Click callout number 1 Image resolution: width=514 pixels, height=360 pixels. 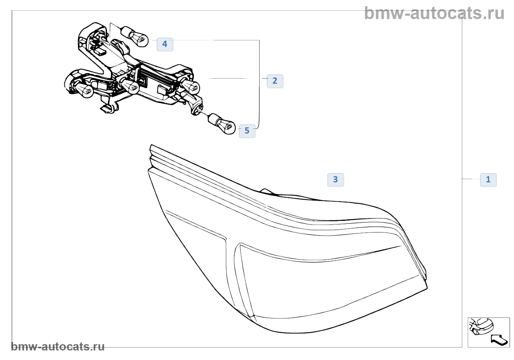click(x=488, y=179)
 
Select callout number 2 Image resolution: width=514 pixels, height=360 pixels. click(x=275, y=81)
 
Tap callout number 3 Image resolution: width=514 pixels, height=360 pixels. click(x=335, y=179)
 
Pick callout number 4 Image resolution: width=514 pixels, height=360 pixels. click(x=165, y=44)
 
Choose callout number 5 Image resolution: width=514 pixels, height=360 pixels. click(x=247, y=131)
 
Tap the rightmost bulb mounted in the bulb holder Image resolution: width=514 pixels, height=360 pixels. click(x=191, y=87)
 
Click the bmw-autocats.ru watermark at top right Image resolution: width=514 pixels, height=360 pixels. click(x=434, y=13)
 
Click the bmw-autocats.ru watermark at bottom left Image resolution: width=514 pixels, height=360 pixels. click(x=58, y=346)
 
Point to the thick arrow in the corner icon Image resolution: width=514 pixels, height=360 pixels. click(x=499, y=340)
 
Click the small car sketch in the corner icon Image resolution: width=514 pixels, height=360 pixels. click(x=481, y=326)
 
